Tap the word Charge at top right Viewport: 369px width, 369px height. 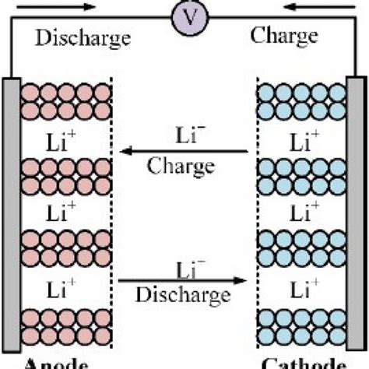(x=284, y=36)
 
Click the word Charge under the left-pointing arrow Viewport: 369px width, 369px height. (x=185, y=167)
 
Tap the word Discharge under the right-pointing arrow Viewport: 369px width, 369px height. (x=184, y=293)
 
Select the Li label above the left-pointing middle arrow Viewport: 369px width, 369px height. (x=184, y=136)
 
